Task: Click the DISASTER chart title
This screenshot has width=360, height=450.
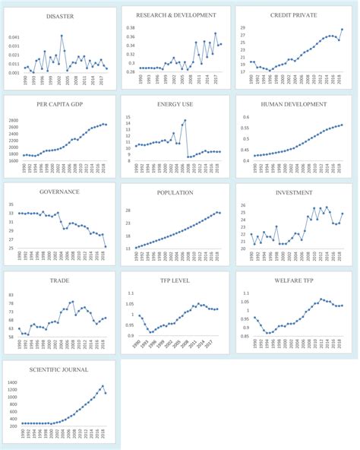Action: (x=61, y=16)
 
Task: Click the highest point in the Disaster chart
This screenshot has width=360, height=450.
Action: (x=62, y=36)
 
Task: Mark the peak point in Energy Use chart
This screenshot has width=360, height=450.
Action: (x=185, y=120)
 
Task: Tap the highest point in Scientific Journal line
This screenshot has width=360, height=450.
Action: (x=103, y=386)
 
